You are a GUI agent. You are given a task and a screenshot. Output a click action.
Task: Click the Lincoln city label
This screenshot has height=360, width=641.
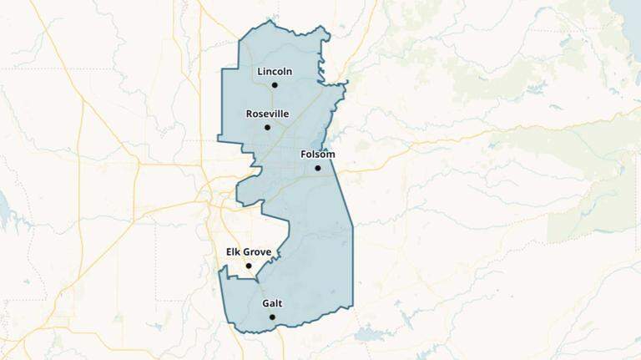pyautogui.click(x=275, y=72)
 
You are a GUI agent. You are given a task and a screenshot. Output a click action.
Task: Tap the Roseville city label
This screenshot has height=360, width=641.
pyautogui.click(x=267, y=114)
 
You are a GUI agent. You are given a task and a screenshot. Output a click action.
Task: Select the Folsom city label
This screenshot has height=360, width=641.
pyautogui.click(x=317, y=155)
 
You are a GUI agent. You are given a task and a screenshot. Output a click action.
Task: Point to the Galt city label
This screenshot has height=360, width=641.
pyautogui.click(x=272, y=303)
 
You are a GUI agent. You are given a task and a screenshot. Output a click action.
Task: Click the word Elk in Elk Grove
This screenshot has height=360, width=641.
pyautogui.click(x=235, y=252)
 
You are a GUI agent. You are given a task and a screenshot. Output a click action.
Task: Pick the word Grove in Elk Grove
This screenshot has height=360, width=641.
pyautogui.click(x=258, y=252)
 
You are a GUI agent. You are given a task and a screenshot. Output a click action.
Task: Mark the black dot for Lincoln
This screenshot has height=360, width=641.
pyautogui.click(x=275, y=85)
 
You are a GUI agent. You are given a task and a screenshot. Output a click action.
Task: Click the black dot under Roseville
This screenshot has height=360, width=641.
pyautogui.click(x=267, y=127)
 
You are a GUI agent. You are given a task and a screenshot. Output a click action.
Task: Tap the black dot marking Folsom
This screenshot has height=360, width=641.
pyautogui.click(x=317, y=168)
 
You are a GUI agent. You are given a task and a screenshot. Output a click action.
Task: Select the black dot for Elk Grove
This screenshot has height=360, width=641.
pyautogui.click(x=248, y=266)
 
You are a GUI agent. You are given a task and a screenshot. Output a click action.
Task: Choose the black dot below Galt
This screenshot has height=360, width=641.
pyautogui.click(x=272, y=317)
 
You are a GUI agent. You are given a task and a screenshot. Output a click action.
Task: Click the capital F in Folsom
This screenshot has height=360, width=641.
pyautogui.click(x=304, y=155)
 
